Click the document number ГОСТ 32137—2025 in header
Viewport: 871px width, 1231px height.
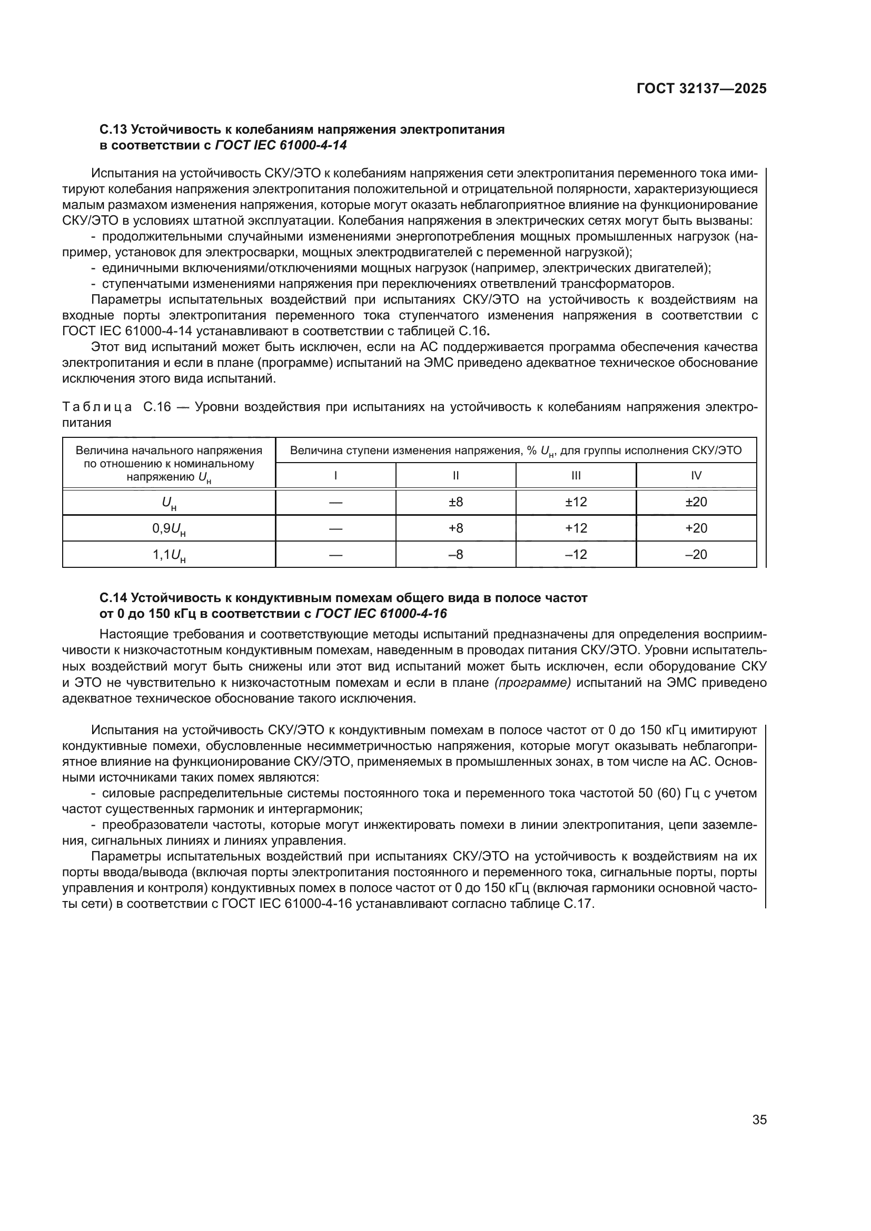click(701, 89)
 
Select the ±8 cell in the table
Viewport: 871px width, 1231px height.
click(456, 502)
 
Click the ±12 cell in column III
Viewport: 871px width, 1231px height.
click(576, 502)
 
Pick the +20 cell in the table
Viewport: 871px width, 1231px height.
click(696, 528)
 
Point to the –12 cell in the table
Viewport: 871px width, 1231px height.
click(576, 554)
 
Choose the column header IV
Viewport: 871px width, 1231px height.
click(696, 476)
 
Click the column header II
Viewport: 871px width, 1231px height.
click(456, 476)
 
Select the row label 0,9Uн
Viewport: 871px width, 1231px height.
click(169, 529)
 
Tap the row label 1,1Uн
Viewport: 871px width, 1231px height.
click(169, 555)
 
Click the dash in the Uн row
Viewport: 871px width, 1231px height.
click(335, 503)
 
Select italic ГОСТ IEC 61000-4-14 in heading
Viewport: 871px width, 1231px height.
click(281, 145)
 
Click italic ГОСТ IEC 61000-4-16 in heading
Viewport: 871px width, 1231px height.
click(381, 613)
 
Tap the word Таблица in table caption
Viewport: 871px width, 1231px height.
click(96, 407)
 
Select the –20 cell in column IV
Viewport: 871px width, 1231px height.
click(696, 554)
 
